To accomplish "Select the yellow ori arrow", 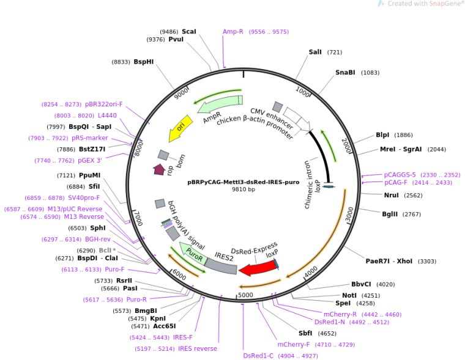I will coord(180,127).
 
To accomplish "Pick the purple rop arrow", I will coord(160,170).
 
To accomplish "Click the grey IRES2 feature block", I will coord(220,265).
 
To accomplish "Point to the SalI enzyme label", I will coord(315,52).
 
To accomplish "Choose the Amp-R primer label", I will coord(233,31).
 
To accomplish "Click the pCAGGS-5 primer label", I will coord(400,174).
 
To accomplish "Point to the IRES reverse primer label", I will coord(198,348).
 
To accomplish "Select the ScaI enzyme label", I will coord(189,31).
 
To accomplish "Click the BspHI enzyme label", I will coord(144,62).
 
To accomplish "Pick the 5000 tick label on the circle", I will coord(245,295).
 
